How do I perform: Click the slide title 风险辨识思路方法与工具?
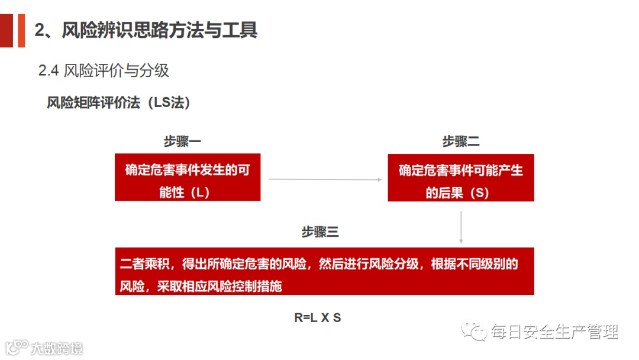(x=160, y=30)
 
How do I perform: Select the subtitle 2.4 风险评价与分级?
(x=104, y=71)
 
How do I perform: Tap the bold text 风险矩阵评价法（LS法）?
(x=118, y=102)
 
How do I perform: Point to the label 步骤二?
(x=460, y=142)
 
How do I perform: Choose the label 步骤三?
(x=319, y=232)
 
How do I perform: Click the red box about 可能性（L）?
(x=188, y=178)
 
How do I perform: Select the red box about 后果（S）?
(x=461, y=178)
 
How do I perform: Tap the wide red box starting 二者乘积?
(x=324, y=271)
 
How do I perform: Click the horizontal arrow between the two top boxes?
(x=324, y=178)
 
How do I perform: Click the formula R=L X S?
(x=318, y=318)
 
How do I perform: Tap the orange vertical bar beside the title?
(x=21, y=30)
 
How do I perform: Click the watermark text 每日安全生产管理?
(x=554, y=332)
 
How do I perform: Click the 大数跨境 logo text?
(x=57, y=348)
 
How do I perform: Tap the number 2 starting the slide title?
(x=40, y=30)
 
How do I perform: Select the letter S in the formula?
(x=337, y=318)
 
